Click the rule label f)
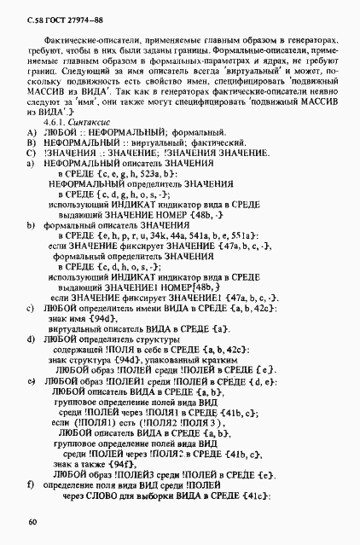[32, 484]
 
